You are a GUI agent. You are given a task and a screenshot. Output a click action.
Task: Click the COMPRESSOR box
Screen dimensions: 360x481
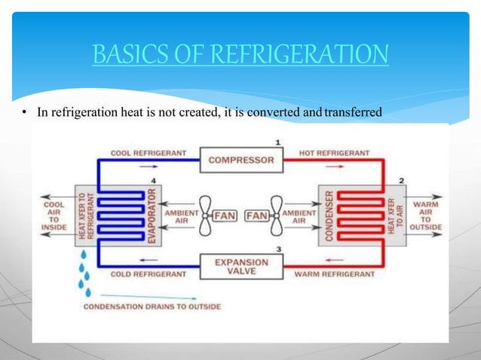[x=241, y=160]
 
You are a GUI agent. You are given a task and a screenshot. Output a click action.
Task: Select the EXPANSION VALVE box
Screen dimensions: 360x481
[x=241, y=267]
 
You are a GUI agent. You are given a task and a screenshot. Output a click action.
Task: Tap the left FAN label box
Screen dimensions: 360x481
[x=225, y=215]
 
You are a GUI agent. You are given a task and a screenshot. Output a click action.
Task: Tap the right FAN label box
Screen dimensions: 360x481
[x=257, y=215]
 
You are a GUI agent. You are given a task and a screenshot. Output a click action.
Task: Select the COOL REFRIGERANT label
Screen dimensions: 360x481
[x=147, y=153]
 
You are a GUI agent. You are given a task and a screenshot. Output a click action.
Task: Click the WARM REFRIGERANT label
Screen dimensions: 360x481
[x=334, y=274]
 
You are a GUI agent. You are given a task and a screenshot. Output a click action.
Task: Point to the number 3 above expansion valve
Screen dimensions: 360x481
[x=279, y=249]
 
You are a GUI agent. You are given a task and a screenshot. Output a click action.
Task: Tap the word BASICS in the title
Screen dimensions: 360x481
[x=124, y=55]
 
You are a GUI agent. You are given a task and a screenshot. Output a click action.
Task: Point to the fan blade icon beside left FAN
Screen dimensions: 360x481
[x=204, y=216]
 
